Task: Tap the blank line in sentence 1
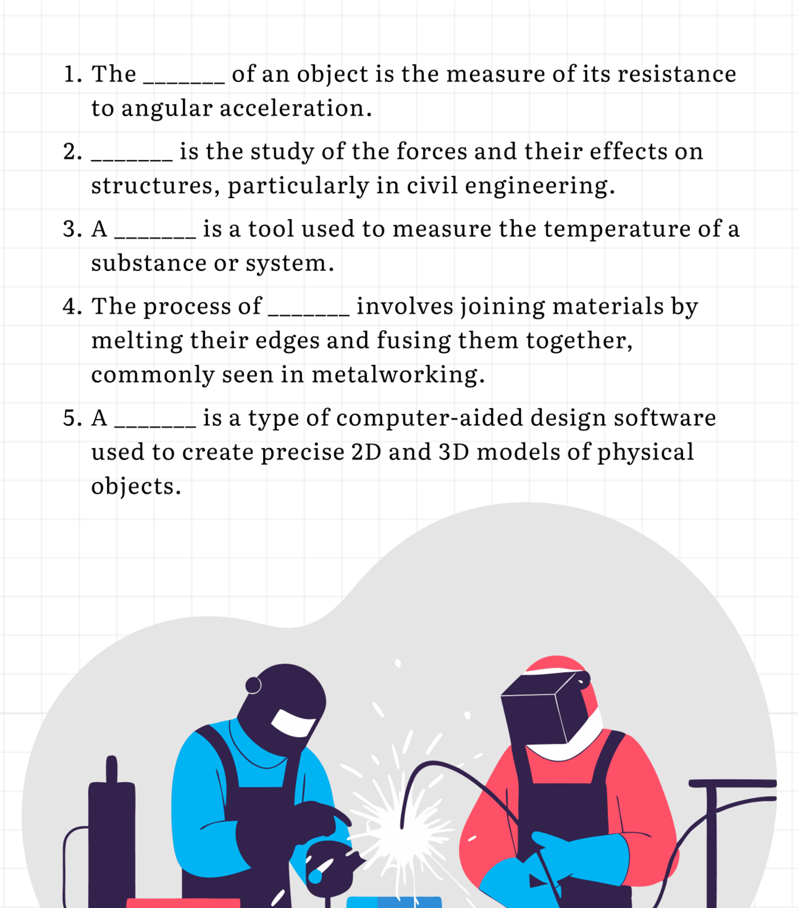coord(184,83)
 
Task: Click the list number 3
coord(72,229)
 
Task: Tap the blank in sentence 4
coord(309,315)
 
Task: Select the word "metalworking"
coord(398,374)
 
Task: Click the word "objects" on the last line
coord(136,486)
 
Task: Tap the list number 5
coord(72,418)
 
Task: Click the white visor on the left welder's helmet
coord(293,722)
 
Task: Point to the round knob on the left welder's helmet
coord(253,685)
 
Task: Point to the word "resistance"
coord(677,74)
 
